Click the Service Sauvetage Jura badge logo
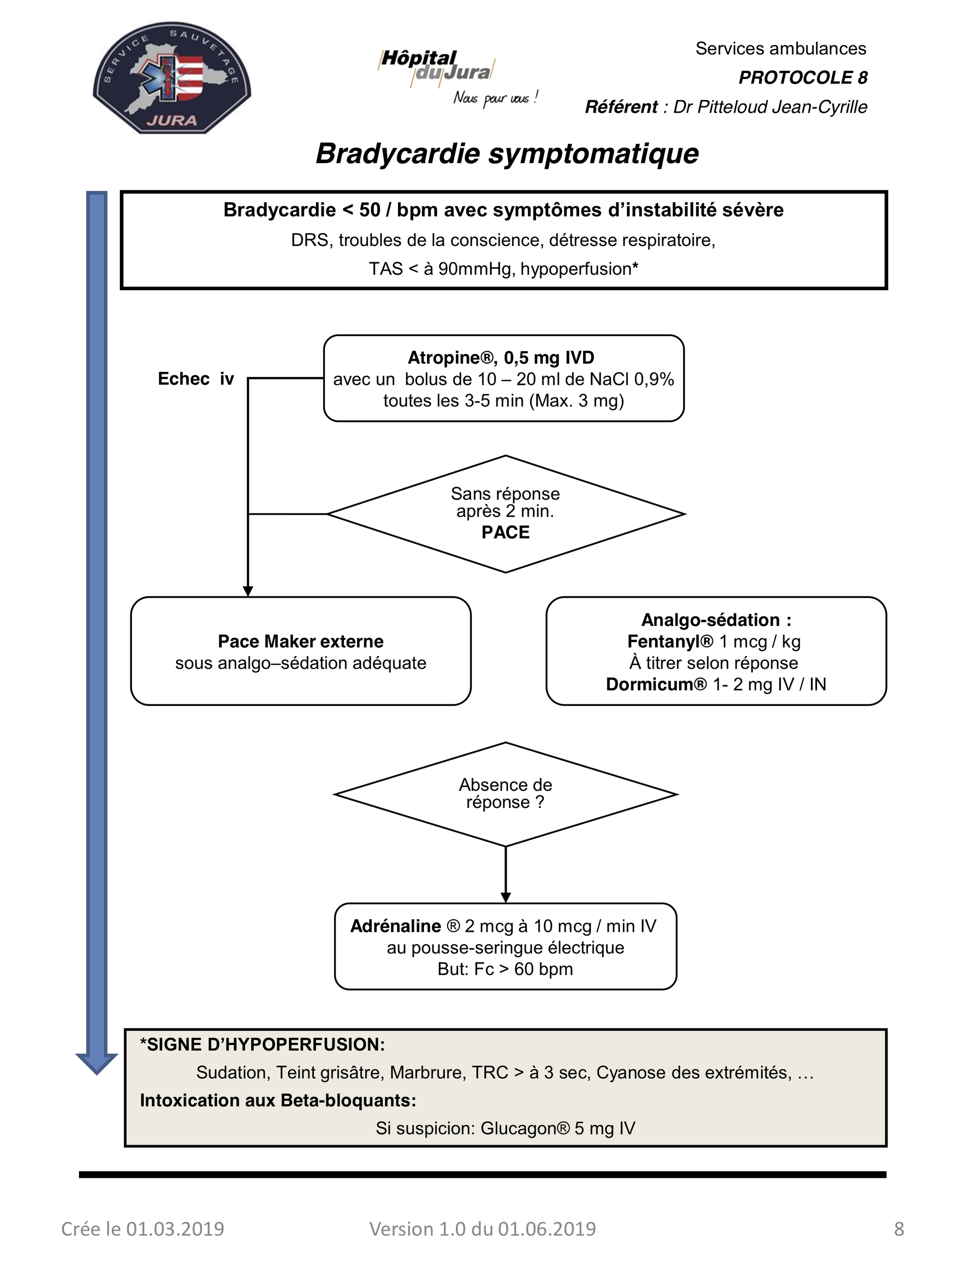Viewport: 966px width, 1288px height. point(172,78)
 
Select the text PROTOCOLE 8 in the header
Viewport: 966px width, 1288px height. point(803,77)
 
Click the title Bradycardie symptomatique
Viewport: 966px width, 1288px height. point(507,154)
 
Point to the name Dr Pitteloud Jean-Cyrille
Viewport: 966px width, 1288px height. point(770,107)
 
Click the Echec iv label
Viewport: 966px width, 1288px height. point(196,379)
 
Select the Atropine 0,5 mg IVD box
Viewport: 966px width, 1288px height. point(504,378)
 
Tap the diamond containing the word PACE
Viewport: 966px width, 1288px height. point(506,514)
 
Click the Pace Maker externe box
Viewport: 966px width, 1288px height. point(300,651)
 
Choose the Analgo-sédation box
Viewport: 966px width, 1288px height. point(716,651)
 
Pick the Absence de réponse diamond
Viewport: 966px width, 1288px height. point(506,794)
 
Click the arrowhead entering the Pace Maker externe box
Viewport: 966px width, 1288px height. point(248,591)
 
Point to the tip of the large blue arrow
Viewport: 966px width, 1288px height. point(97,1074)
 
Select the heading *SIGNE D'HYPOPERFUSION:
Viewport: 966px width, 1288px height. point(262,1044)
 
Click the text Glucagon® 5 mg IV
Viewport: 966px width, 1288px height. point(557,1129)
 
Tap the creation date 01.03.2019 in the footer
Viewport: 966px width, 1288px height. point(175,1229)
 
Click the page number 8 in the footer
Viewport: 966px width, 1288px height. point(899,1229)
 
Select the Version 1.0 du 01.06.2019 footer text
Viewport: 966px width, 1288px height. point(482,1229)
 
